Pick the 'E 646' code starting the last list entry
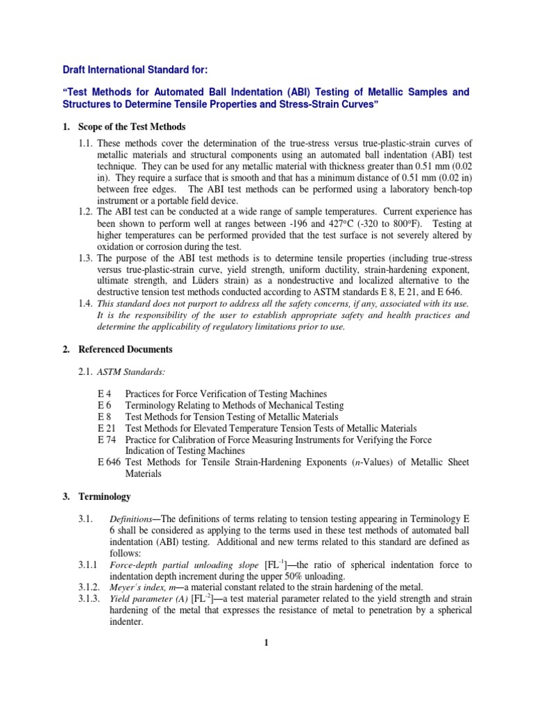110,462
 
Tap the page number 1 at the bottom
265,643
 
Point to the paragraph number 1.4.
87,303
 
